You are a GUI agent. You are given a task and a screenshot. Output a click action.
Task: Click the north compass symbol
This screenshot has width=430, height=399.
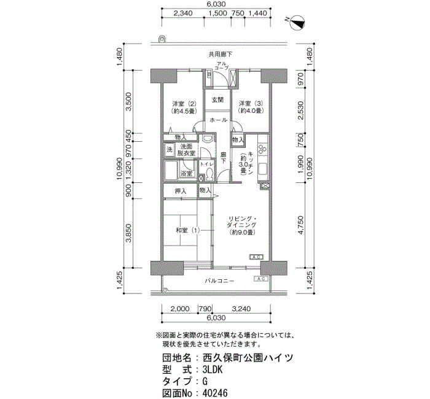coord(297,23)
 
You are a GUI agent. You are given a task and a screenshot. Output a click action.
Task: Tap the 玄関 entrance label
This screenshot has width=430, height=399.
coord(217,99)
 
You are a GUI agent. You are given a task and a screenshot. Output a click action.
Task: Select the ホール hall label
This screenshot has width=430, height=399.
coord(218,120)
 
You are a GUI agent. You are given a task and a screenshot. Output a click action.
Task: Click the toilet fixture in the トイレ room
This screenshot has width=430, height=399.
coord(210,174)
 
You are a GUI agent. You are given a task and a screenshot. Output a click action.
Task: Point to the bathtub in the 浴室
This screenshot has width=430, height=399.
coord(171,170)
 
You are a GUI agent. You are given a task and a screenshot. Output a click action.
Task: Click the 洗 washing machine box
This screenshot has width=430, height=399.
coord(170,150)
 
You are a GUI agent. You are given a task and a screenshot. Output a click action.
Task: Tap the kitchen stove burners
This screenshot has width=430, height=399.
coord(262,148)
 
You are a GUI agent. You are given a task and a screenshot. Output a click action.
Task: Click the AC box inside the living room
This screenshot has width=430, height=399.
coord(256,257)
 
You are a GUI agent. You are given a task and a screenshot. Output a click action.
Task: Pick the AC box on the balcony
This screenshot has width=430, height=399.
coord(261,279)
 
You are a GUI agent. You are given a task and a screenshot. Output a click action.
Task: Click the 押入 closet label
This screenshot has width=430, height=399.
coord(181,191)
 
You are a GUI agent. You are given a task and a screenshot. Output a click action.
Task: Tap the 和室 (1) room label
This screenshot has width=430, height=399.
coord(187,230)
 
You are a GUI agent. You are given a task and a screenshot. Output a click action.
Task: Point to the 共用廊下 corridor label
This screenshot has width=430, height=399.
coord(220,54)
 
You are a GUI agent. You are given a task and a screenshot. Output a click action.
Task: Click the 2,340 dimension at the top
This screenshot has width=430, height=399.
coord(183,13)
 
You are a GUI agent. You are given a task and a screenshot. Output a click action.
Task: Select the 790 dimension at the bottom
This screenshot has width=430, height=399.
coord(205,309)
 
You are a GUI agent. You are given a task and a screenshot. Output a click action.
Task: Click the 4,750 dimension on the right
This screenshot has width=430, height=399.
coord(301,225)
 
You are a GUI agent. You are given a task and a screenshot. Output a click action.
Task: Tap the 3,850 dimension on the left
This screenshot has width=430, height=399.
coord(128,233)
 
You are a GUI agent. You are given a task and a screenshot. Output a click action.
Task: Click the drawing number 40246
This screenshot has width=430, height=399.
coord(215,393)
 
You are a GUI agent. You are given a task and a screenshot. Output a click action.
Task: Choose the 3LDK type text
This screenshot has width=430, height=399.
coord(213,370)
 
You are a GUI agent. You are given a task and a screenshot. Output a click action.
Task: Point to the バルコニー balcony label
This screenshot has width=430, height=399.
coord(220,281)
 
